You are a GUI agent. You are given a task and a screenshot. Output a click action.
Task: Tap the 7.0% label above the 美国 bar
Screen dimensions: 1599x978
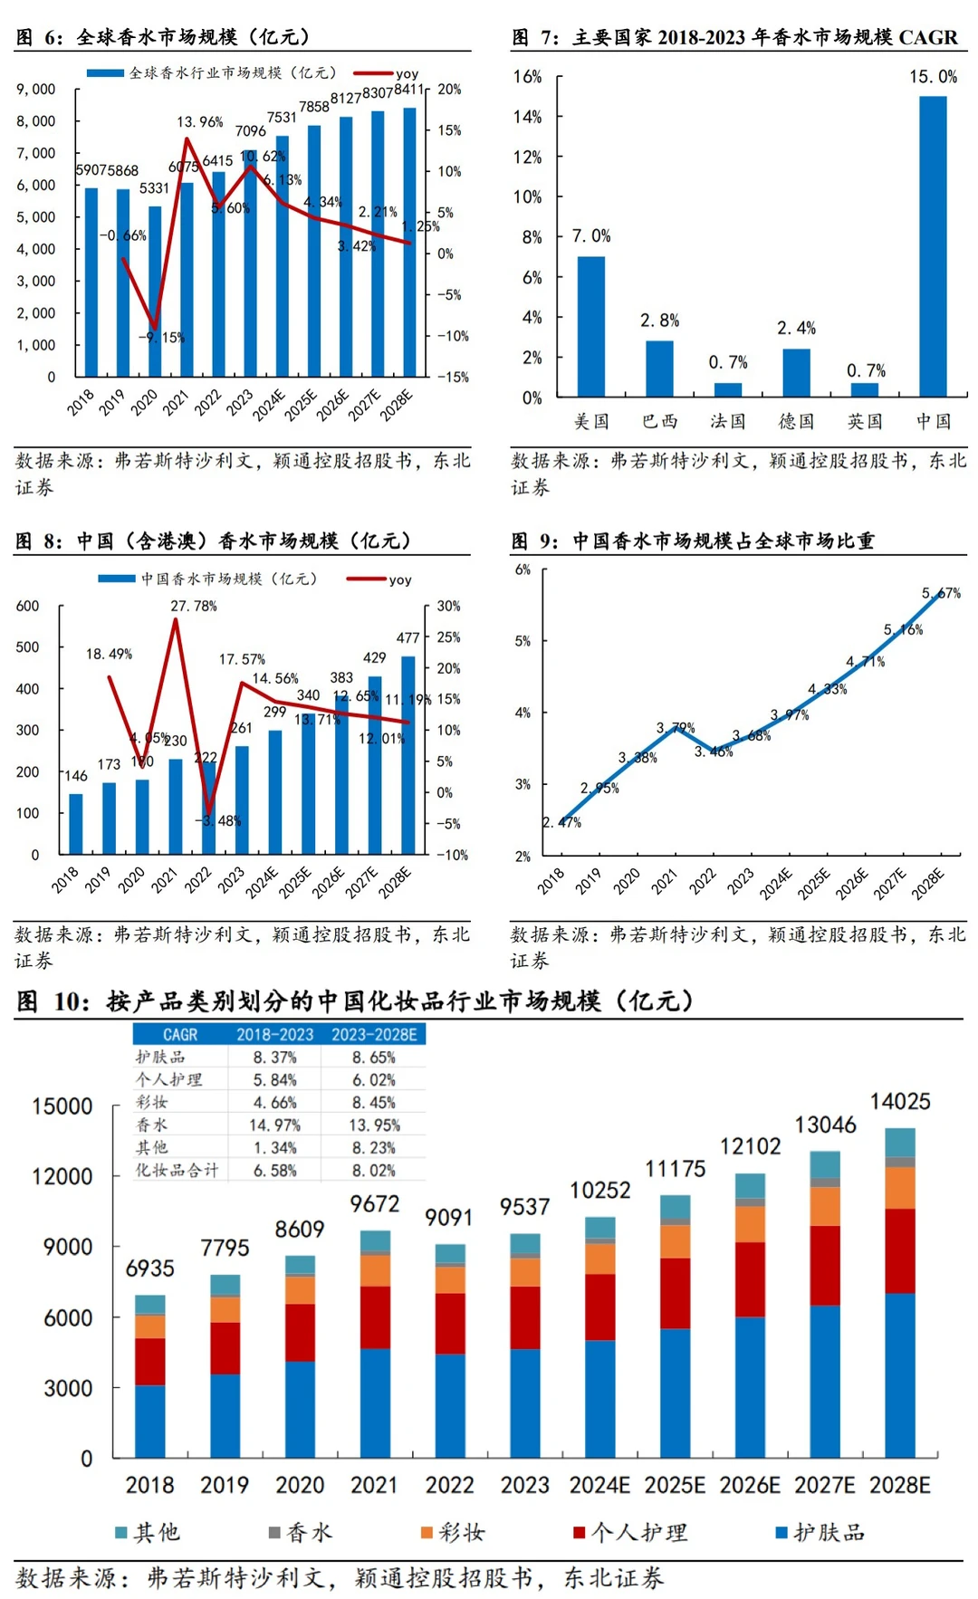[591, 236]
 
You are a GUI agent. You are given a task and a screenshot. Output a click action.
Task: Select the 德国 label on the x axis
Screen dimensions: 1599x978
[796, 422]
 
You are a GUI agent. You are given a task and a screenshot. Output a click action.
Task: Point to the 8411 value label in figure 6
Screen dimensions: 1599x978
[408, 90]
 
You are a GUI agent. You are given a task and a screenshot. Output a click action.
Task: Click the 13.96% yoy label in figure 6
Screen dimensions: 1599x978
[199, 122]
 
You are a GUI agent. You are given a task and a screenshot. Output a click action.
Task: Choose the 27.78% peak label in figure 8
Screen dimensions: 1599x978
[194, 606]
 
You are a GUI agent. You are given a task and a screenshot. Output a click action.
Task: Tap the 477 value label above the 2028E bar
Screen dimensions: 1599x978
[407, 637]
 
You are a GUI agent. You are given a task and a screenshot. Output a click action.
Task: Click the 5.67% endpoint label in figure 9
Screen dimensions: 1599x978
[941, 594]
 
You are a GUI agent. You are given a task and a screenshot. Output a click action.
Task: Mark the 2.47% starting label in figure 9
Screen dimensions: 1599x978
[561, 822]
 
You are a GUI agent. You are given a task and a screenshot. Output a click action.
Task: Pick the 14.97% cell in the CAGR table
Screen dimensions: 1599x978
[274, 1125]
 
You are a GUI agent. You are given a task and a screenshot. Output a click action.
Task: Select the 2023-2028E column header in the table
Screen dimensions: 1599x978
[374, 1034]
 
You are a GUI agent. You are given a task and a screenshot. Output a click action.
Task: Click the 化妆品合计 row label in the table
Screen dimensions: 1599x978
[177, 1170]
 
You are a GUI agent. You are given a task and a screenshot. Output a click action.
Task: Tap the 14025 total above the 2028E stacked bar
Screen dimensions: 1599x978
[900, 1102]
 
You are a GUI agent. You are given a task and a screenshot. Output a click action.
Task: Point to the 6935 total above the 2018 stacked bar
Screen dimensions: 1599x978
[149, 1269]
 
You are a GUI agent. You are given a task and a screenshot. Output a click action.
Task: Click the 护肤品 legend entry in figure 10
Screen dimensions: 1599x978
[820, 1533]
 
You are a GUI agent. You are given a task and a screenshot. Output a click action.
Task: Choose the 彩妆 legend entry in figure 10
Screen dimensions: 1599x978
[453, 1533]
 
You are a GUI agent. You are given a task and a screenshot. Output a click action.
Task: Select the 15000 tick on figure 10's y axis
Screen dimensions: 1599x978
[62, 1106]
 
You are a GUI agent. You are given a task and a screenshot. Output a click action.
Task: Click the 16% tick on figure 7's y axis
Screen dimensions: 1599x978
[527, 77]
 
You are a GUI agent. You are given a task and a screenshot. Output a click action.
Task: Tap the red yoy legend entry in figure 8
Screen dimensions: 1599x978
[380, 579]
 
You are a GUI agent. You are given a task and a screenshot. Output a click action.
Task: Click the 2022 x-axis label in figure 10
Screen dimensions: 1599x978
[449, 1486]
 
